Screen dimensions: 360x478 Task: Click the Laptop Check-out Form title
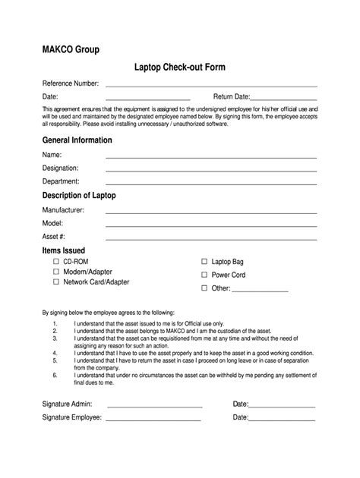coord(180,68)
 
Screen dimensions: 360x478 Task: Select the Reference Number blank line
coord(210,85)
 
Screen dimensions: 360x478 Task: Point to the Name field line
coord(210,157)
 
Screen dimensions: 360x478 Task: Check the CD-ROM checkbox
coord(56,260)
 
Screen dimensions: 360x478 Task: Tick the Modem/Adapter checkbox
coord(56,271)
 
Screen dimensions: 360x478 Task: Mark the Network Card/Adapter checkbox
coord(56,281)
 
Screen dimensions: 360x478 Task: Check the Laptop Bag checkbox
coord(204,260)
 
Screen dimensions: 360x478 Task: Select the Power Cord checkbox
coord(204,275)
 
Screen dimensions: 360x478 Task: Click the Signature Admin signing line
coord(153,405)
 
